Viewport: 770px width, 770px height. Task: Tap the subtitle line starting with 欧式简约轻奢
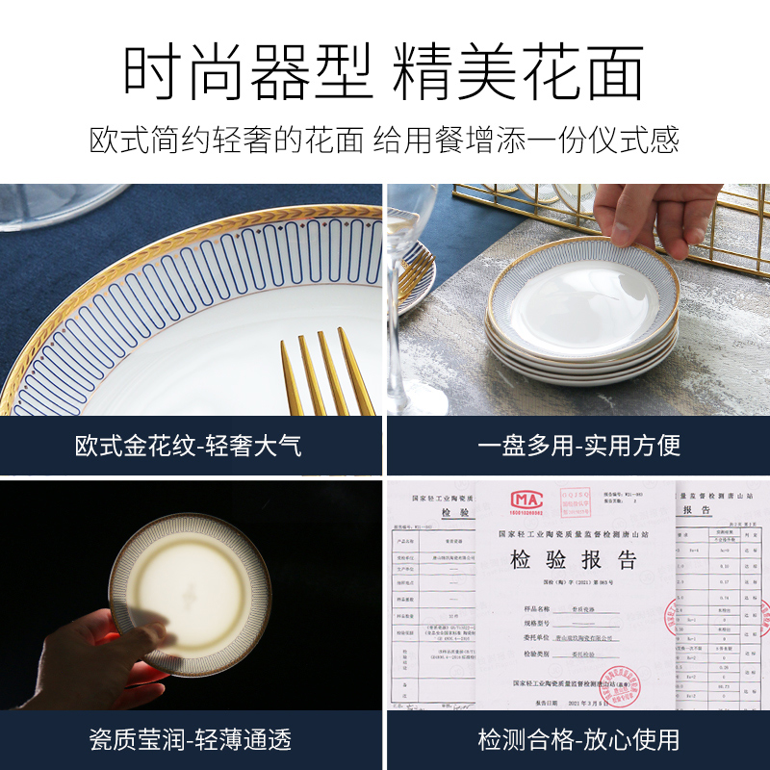385,139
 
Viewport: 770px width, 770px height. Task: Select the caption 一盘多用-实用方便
578,446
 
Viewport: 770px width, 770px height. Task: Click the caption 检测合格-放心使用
578,739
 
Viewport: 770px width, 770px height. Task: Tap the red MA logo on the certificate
526,500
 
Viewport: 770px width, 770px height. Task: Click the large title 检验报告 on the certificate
574,560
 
